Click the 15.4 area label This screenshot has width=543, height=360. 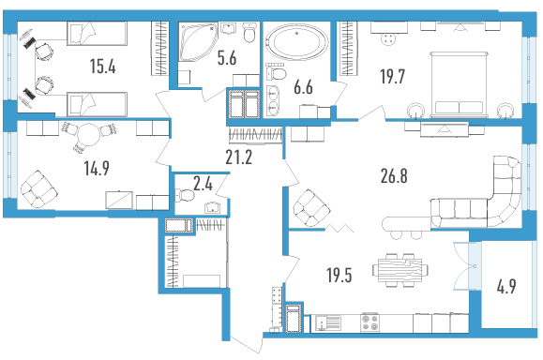102,66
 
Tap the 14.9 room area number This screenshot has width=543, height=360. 97,168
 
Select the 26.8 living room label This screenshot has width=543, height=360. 394,176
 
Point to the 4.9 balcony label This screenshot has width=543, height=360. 506,286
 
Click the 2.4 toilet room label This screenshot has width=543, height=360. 203,184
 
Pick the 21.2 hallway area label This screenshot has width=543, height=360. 238,157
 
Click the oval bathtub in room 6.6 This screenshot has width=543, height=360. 296,42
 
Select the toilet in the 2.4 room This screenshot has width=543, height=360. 186,195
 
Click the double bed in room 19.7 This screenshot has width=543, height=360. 459,84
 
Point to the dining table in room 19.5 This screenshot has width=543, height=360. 400,270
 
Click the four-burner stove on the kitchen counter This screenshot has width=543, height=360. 370,322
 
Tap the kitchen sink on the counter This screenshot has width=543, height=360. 328,322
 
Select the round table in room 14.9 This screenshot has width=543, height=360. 88,135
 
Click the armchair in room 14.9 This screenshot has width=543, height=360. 38,189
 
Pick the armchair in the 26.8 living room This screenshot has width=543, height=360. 311,208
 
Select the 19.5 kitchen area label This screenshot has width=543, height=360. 339,276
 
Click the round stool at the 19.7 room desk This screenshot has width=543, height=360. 388,39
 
